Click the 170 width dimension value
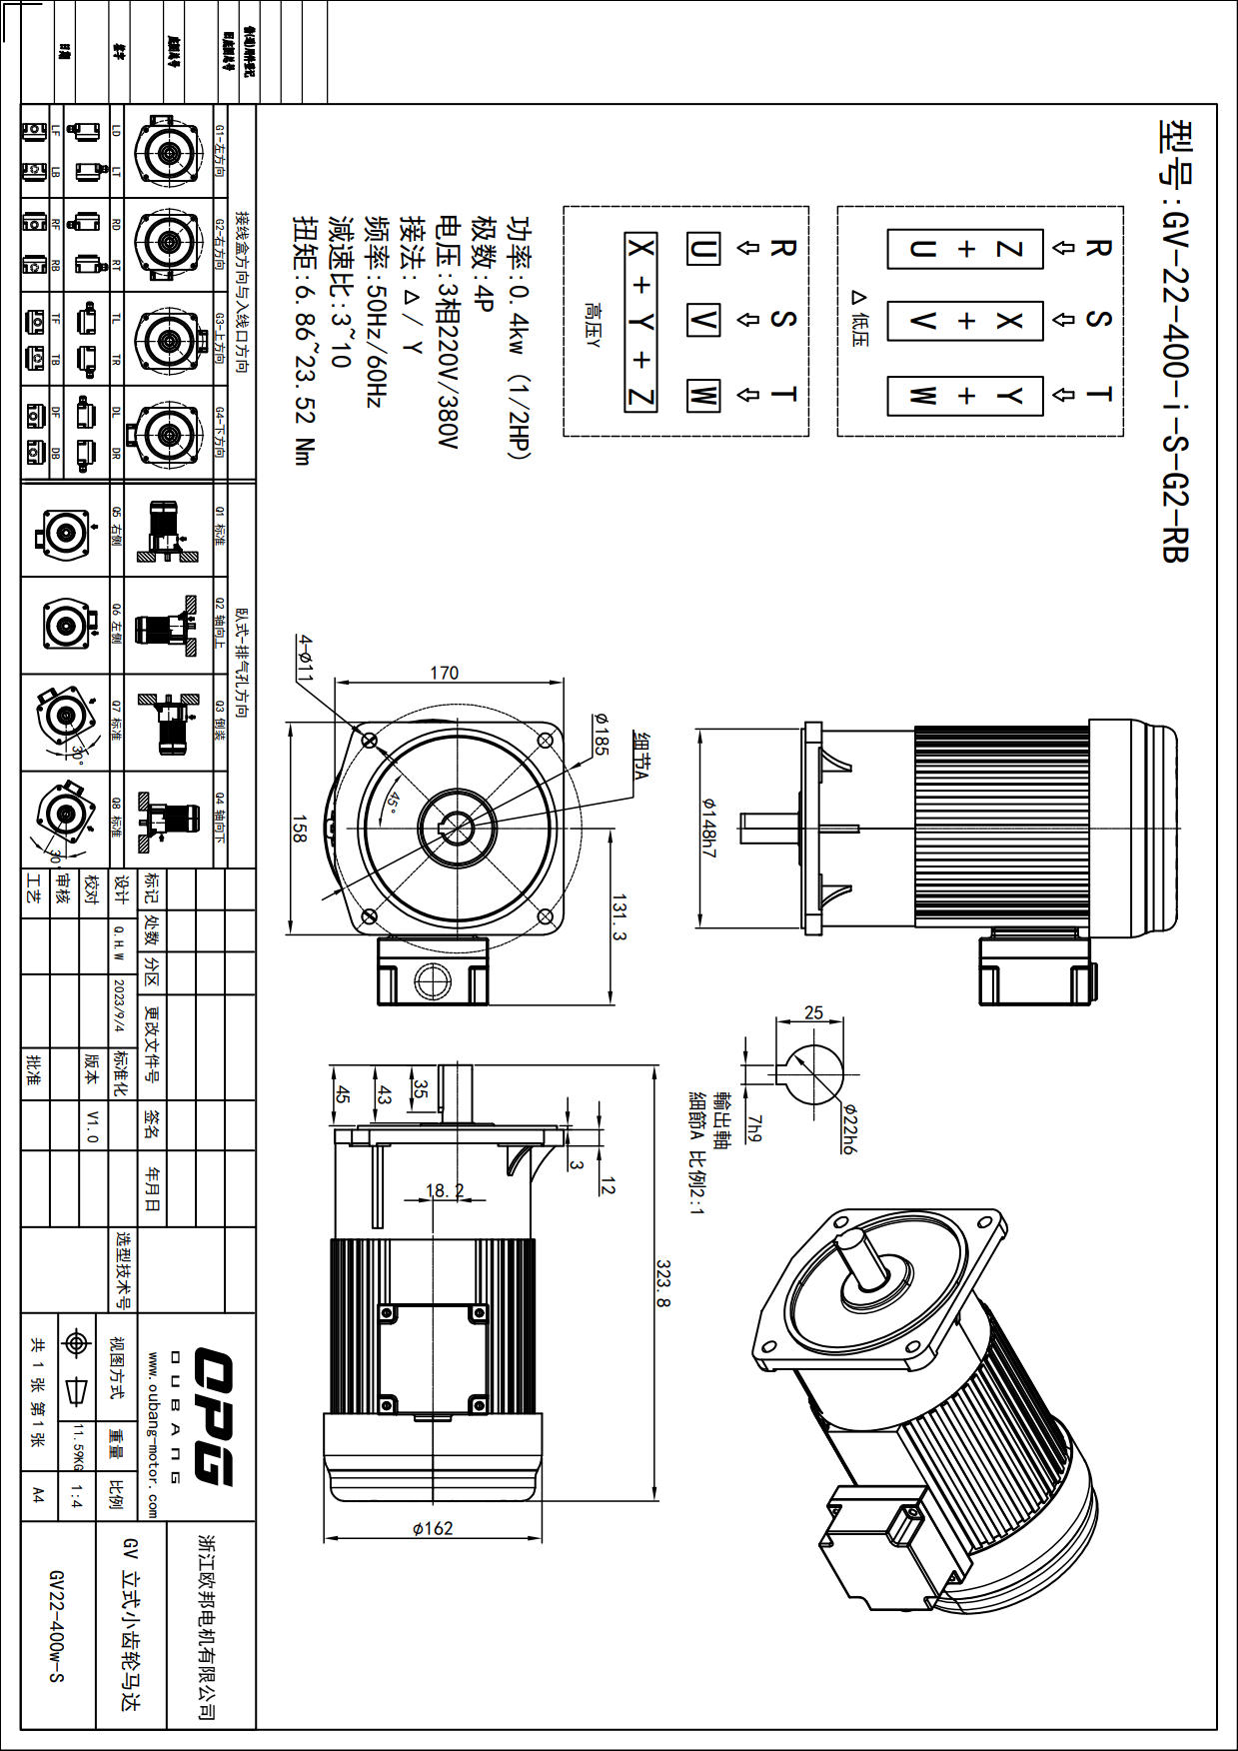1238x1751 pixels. click(x=444, y=673)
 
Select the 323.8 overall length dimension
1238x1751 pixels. click(x=663, y=1283)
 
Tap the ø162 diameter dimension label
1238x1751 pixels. click(x=433, y=1528)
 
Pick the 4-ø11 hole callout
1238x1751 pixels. click(x=304, y=658)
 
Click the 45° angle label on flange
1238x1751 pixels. click(x=393, y=802)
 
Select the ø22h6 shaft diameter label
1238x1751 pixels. click(x=849, y=1129)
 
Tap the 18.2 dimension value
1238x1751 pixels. click(x=445, y=1190)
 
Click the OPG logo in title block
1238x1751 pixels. click(x=213, y=1416)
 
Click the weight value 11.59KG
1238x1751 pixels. click(x=78, y=1447)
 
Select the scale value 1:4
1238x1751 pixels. click(x=77, y=1496)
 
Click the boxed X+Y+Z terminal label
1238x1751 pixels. click(x=640, y=322)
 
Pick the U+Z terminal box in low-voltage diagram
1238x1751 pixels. click(x=965, y=249)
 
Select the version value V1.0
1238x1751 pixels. click(x=93, y=1124)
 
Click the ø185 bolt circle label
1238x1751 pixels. click(x=601, y=733)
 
